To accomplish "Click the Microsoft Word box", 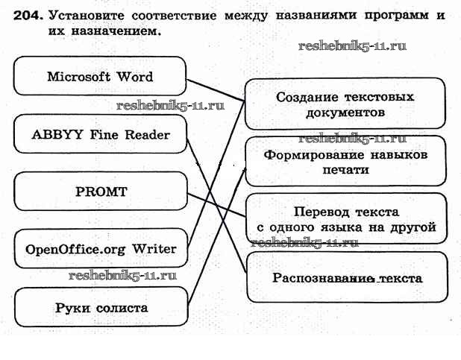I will click(x=99, y=76).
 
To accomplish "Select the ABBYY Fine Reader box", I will click(x=100, y=135).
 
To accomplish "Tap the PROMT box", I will click(x=101, y=192).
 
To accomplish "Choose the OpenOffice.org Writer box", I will click(x=101, y=249).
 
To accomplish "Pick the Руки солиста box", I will click(x=101, y=307).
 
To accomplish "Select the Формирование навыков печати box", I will click(x=345, y=162).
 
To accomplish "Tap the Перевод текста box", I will click(x=345, y=219).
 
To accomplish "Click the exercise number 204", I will click(x=28, y=14).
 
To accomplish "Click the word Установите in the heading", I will click(x=86, y=14).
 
